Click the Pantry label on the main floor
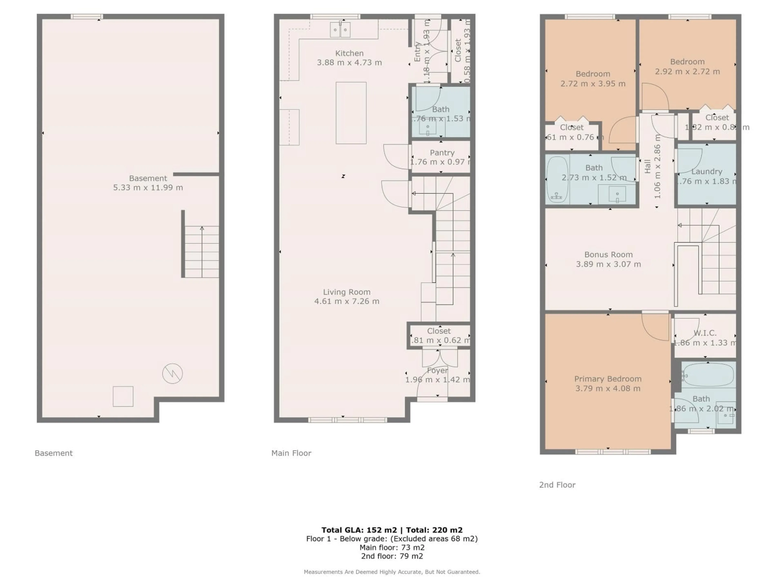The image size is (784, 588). tap(442, 153)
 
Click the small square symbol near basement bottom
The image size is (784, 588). tap(123, 396)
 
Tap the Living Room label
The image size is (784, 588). tap(347, 292)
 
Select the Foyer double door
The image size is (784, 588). tap(440, 358)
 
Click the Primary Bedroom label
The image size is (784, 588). tap(608, 379)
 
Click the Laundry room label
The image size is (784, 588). tap(707, 171)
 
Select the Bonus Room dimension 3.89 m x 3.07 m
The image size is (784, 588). tap(608, 264)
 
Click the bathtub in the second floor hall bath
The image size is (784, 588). tap(557, 180)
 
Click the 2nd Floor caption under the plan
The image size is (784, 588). tap(557, 485)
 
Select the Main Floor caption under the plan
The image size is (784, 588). tap(291, 453)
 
